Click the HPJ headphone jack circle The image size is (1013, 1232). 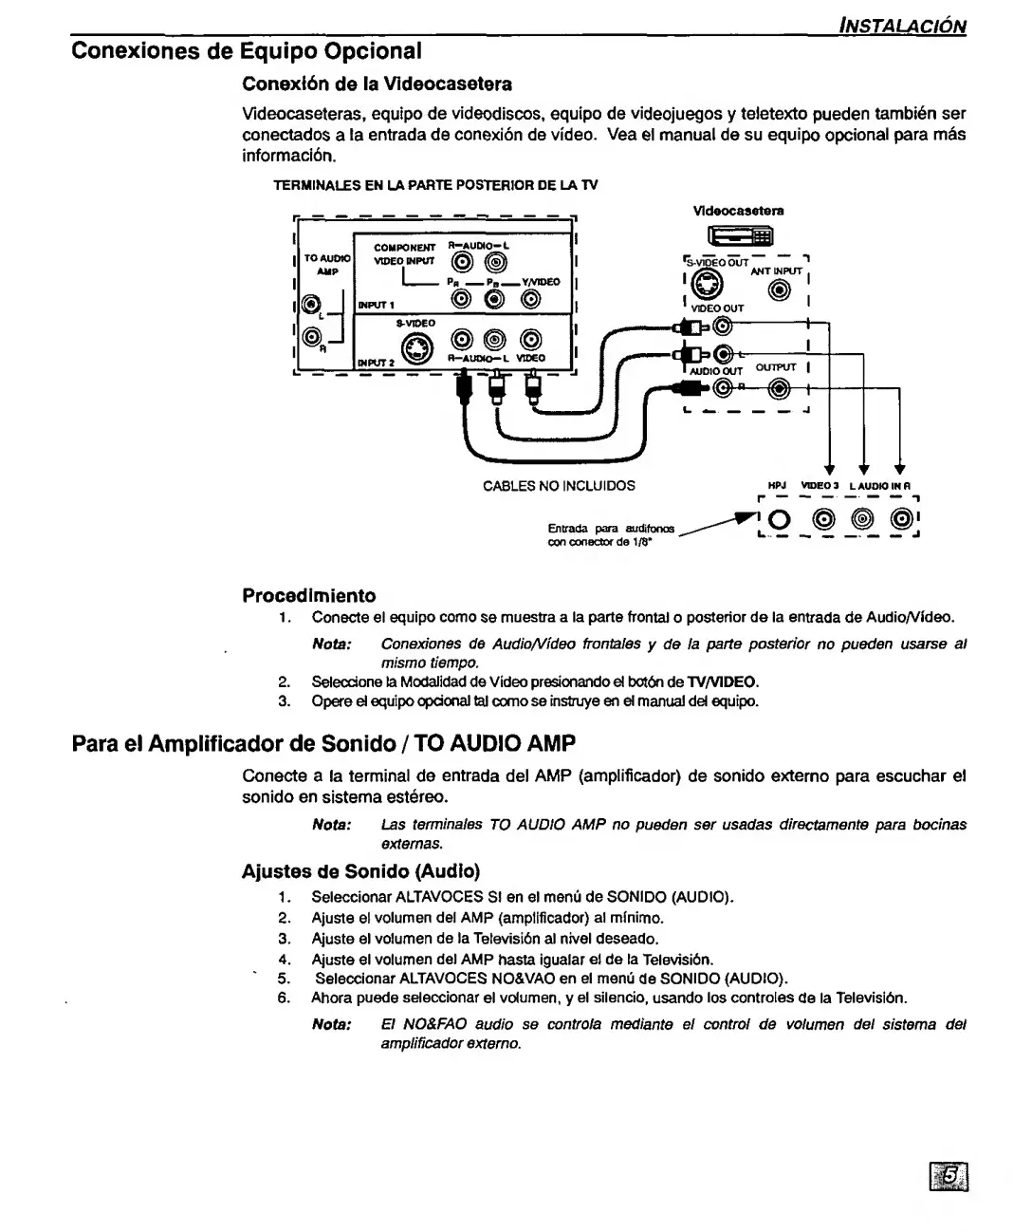[780, 520]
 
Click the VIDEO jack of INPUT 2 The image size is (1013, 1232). [532, 339]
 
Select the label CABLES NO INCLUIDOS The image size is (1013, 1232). [559, 486]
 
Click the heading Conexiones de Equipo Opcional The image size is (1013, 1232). [247, 49]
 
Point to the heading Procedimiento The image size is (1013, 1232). [309, 596]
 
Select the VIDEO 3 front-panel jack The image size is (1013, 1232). [820, 520]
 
